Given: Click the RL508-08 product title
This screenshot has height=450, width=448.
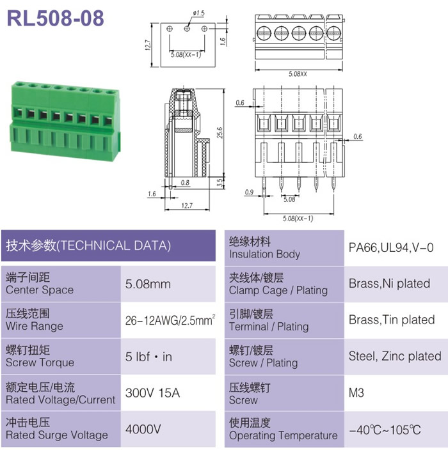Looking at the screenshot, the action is point(55,19).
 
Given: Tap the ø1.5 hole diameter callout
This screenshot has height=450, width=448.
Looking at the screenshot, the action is point(198,13).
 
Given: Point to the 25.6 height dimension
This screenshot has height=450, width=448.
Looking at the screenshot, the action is point(220,132).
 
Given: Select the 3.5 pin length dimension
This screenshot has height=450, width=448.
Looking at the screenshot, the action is point(220,183).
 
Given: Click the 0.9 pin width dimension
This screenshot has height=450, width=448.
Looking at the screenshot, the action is point(249,192).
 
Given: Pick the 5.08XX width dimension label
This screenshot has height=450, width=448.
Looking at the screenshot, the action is point(298,74).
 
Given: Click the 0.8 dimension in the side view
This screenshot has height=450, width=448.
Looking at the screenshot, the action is point(185,183).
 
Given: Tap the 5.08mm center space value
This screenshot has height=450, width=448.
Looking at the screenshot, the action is point(148,284).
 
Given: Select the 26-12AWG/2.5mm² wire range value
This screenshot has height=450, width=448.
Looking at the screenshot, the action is point(170,320).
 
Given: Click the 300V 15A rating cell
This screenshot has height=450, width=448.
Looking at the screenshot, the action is point(152,392).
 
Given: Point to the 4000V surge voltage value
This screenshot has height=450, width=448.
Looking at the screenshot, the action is point(143,429).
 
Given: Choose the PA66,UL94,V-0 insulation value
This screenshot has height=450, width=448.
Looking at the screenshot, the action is point(391,247).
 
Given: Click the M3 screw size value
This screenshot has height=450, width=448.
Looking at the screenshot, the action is point(356,392).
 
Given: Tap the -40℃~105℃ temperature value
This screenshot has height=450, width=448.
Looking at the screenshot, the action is point(385,430).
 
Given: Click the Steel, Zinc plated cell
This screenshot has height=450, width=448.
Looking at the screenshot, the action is point(395,356).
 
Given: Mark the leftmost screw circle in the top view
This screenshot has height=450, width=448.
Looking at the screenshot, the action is point(264,33).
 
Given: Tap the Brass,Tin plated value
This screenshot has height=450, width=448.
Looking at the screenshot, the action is point(392,320).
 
